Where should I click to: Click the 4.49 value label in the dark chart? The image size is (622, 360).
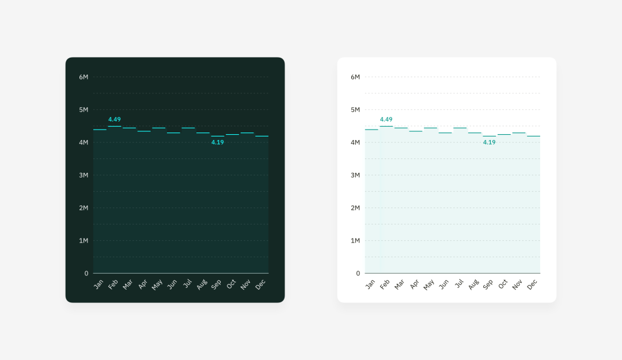tap(115, 119)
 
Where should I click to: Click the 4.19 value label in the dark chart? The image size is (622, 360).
tap(218, 142)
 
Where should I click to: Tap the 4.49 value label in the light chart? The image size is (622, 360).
tap(386, 119)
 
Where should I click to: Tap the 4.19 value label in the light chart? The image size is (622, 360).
tap(490, 142)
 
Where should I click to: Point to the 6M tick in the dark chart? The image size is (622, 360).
tap(84, 77)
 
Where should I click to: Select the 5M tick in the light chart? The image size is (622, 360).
tap(355, 109)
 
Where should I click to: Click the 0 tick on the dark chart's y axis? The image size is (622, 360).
tap(86, 274)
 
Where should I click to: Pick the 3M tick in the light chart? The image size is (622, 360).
tap(355, 175)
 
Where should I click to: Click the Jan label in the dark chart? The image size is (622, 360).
tap(98, 284)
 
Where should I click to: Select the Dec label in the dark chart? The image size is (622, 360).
tap(260, 284)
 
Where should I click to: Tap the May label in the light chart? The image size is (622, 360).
tap(429, 285)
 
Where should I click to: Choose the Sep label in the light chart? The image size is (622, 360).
tap(488, 284)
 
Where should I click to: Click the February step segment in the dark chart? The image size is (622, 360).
tap(115, 126)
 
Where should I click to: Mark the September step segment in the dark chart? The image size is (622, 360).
tap(218, 136)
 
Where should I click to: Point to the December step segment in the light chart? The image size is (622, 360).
tap(533, 136)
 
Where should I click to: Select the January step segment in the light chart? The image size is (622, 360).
tap(371, 130)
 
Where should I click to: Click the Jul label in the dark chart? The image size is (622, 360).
tap(187, 283)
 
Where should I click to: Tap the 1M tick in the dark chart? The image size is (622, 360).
tap(84, 241)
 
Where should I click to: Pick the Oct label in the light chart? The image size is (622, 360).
tap(503, 284)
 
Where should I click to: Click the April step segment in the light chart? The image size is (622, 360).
tap(416, 131)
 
